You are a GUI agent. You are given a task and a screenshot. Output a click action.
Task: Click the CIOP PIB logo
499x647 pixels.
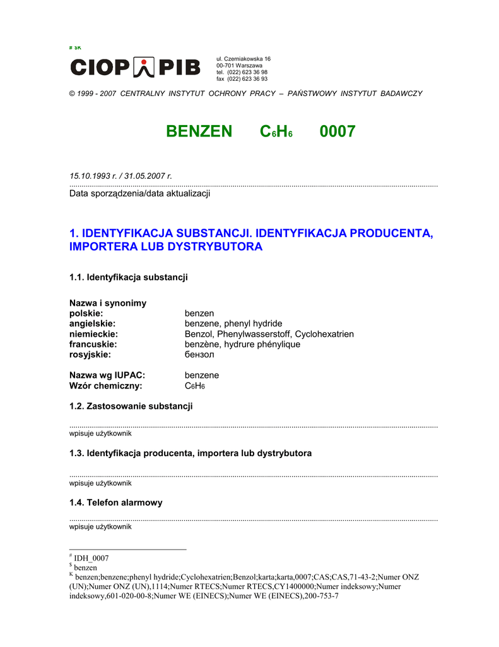[x=135, y=67]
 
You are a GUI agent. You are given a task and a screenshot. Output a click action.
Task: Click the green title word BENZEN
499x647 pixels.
[x=199, y=131]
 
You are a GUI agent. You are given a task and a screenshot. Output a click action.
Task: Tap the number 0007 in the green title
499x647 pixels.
[x=338, y=131]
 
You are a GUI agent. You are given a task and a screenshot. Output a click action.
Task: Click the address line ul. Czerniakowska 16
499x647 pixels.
[x=243, y=59]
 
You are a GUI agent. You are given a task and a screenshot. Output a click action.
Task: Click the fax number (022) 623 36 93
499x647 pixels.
[x=247, y=79]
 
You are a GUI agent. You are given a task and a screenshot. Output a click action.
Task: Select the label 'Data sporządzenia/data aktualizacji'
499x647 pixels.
[x=139, y=193]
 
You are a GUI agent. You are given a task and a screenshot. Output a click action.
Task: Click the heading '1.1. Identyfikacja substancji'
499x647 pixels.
[x=128, y=277]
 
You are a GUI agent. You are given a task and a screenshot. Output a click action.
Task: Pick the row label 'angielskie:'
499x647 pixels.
[x=92, y=323]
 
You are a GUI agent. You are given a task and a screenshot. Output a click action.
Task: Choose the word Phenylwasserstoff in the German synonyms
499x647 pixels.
[x=255, y=334]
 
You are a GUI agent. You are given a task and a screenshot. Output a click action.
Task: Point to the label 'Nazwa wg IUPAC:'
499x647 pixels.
[x=107, y=375]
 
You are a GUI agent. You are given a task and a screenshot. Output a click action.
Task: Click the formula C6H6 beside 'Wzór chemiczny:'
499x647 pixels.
[x=194, y=386]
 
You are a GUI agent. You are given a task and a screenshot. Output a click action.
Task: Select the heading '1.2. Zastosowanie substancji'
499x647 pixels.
[x=131, y=406]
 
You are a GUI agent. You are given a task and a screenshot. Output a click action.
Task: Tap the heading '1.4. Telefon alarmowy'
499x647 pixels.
[x=115, y=502]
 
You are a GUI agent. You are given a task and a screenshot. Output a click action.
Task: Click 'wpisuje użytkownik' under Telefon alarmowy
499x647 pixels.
[x=100, y=527]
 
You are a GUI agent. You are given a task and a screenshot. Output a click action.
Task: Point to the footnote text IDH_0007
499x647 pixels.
[x=91, y=558]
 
